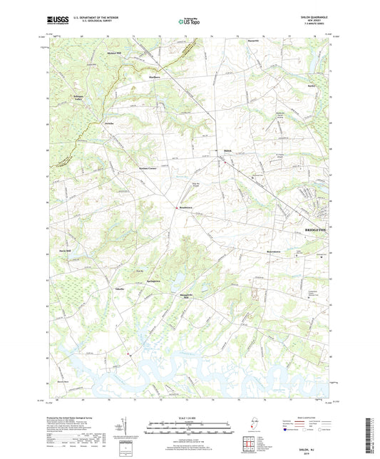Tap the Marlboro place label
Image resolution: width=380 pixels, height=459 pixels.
click(155, 77)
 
